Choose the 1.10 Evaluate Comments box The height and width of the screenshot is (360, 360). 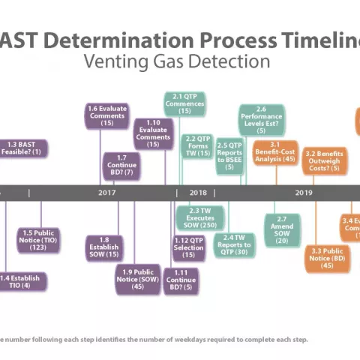click(153, 133)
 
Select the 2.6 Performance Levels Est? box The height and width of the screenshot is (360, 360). click(261, 119)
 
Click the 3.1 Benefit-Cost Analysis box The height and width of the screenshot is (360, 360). click(274, 152)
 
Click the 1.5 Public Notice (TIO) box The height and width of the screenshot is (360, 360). click(38, 240)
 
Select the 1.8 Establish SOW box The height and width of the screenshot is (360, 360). click(104, 247)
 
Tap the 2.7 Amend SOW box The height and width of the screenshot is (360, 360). click(282, 229)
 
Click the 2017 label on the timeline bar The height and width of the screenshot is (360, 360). click(106, 193)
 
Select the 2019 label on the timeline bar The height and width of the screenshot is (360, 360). click(303, 193)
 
